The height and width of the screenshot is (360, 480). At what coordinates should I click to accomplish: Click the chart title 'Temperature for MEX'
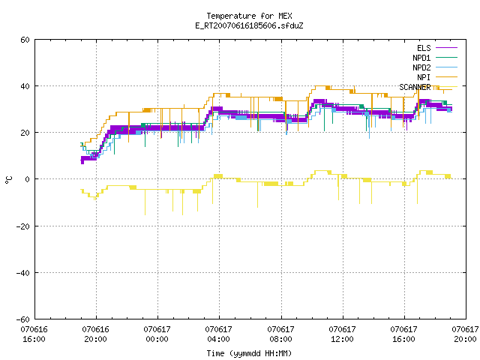pyautogui.click(x=249, y=16)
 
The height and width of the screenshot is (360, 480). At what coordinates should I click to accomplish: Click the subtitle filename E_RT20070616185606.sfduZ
pyautogui.click(x=249, y=25)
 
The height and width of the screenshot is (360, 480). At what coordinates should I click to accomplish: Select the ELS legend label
pyautogui.click(x=424, y=48)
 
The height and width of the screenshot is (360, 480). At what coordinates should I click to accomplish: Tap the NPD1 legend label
pyautogui.click(x=421, y=58)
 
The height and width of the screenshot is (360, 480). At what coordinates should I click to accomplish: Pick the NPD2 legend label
pyautogui.click(x=421, y=67)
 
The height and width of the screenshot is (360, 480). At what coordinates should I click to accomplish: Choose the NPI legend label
pyautogui.click(x=424, y=77)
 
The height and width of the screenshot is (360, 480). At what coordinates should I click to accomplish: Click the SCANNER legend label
pyautogui.click(x=415, y=87)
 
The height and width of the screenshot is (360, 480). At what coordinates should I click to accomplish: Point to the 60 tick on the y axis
pyautogui.click(x=25, y=40)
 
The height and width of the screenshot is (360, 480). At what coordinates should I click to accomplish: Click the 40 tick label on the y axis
pyautogui.click(x=25, y=86)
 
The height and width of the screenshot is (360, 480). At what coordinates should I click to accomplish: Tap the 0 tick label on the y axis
pyautogui.click(x=27, y=179)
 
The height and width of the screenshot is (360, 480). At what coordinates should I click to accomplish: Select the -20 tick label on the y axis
pyautogui.click(x=23, y=226)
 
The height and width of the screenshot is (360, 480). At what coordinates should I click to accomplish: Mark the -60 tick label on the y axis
pyautogui.click(x=23, y=319)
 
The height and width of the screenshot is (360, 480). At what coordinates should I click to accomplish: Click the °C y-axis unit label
pyautogui.click(x=8, y=180)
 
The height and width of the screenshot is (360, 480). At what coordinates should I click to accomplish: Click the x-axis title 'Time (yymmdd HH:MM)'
pyautogui.click(x=249, y=353)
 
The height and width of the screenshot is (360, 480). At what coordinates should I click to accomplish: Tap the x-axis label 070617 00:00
pyautogui.click(x=157, y=334)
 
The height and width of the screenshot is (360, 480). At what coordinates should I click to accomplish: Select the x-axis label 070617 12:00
pyautogui.click(x=342, y=334)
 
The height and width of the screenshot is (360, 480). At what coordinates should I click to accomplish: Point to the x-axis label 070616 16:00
pyautogui.click(x=34, y=334)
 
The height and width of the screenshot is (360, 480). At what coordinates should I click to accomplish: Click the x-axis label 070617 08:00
pyautogui.click(x=280, y=334)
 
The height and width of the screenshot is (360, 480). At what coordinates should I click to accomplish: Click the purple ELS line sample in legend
pyautogui.click(x=446, y=48)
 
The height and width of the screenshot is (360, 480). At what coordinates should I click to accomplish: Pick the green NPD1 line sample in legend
pyautogui.click(x=446, y=57)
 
